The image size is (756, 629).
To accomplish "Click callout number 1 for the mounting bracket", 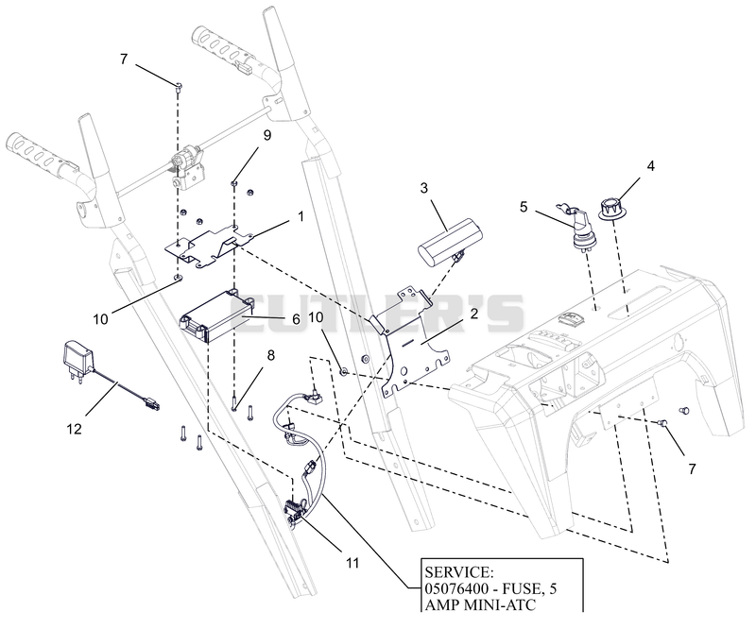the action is click(301, 217).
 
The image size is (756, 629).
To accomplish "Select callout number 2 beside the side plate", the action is click(474, 314).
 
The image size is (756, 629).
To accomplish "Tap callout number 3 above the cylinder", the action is click(423, 188).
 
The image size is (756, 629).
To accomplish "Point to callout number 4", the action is click(651, 166).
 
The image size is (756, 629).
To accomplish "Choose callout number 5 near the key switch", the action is click(524, 207).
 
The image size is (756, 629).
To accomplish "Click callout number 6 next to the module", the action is click(296, 319).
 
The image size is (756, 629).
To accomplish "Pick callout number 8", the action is click(270, 356).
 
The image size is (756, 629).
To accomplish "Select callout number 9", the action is click(266, 135).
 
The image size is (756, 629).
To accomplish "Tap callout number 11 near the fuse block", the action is click(352, 563).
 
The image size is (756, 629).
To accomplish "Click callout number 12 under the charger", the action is click(75, 429).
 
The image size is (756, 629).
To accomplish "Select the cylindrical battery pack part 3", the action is click(441, 241).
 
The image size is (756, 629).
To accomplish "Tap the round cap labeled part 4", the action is click(610, 208).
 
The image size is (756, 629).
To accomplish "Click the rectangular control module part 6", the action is click(217, 315).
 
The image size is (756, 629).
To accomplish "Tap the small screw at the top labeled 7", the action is click(179, 86).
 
